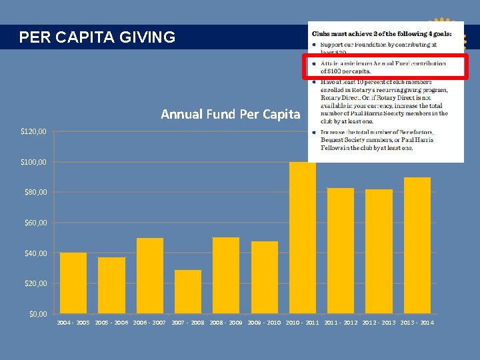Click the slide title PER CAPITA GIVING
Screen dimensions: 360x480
tap(97, 37)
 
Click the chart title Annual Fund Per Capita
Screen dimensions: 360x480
tap(231, 114)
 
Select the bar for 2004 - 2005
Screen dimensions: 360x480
tap(73, 283)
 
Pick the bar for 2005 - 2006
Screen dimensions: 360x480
tap(111, 285)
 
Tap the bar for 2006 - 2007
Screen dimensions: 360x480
tap(150, 275)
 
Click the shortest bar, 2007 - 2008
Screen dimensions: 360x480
tap(188, 291)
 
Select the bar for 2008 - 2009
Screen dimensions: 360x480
tap(226, 275)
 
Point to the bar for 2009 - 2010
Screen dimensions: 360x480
tap(265, 277)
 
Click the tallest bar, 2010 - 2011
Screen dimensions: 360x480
tap(303, 237)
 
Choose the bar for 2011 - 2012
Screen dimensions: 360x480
tap(341, 251)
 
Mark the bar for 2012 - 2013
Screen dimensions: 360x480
tap(379, 251)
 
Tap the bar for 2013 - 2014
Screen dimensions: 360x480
tap(417, 245)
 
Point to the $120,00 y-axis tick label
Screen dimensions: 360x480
tap(33, 132)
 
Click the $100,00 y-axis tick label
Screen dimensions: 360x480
tap(33, 162)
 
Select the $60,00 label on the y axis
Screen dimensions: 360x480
tap(33, 223)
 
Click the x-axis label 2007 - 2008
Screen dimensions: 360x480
tap(188, 323)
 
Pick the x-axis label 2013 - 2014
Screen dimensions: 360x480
tap(417, 323)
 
